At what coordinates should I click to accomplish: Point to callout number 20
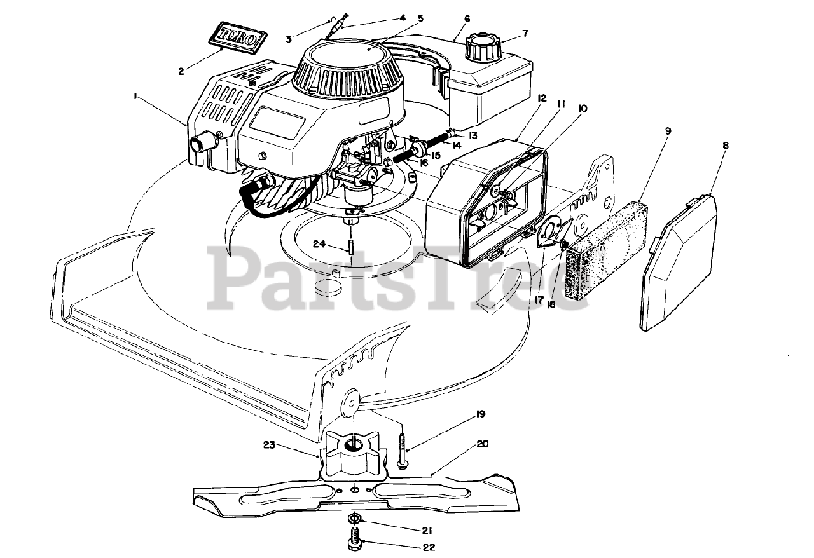tap(482, 444)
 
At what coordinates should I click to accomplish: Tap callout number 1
tap(135, 95)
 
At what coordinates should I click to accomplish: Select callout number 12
tap(542, 99)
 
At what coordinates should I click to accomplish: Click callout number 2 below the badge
tap(181, 72)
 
